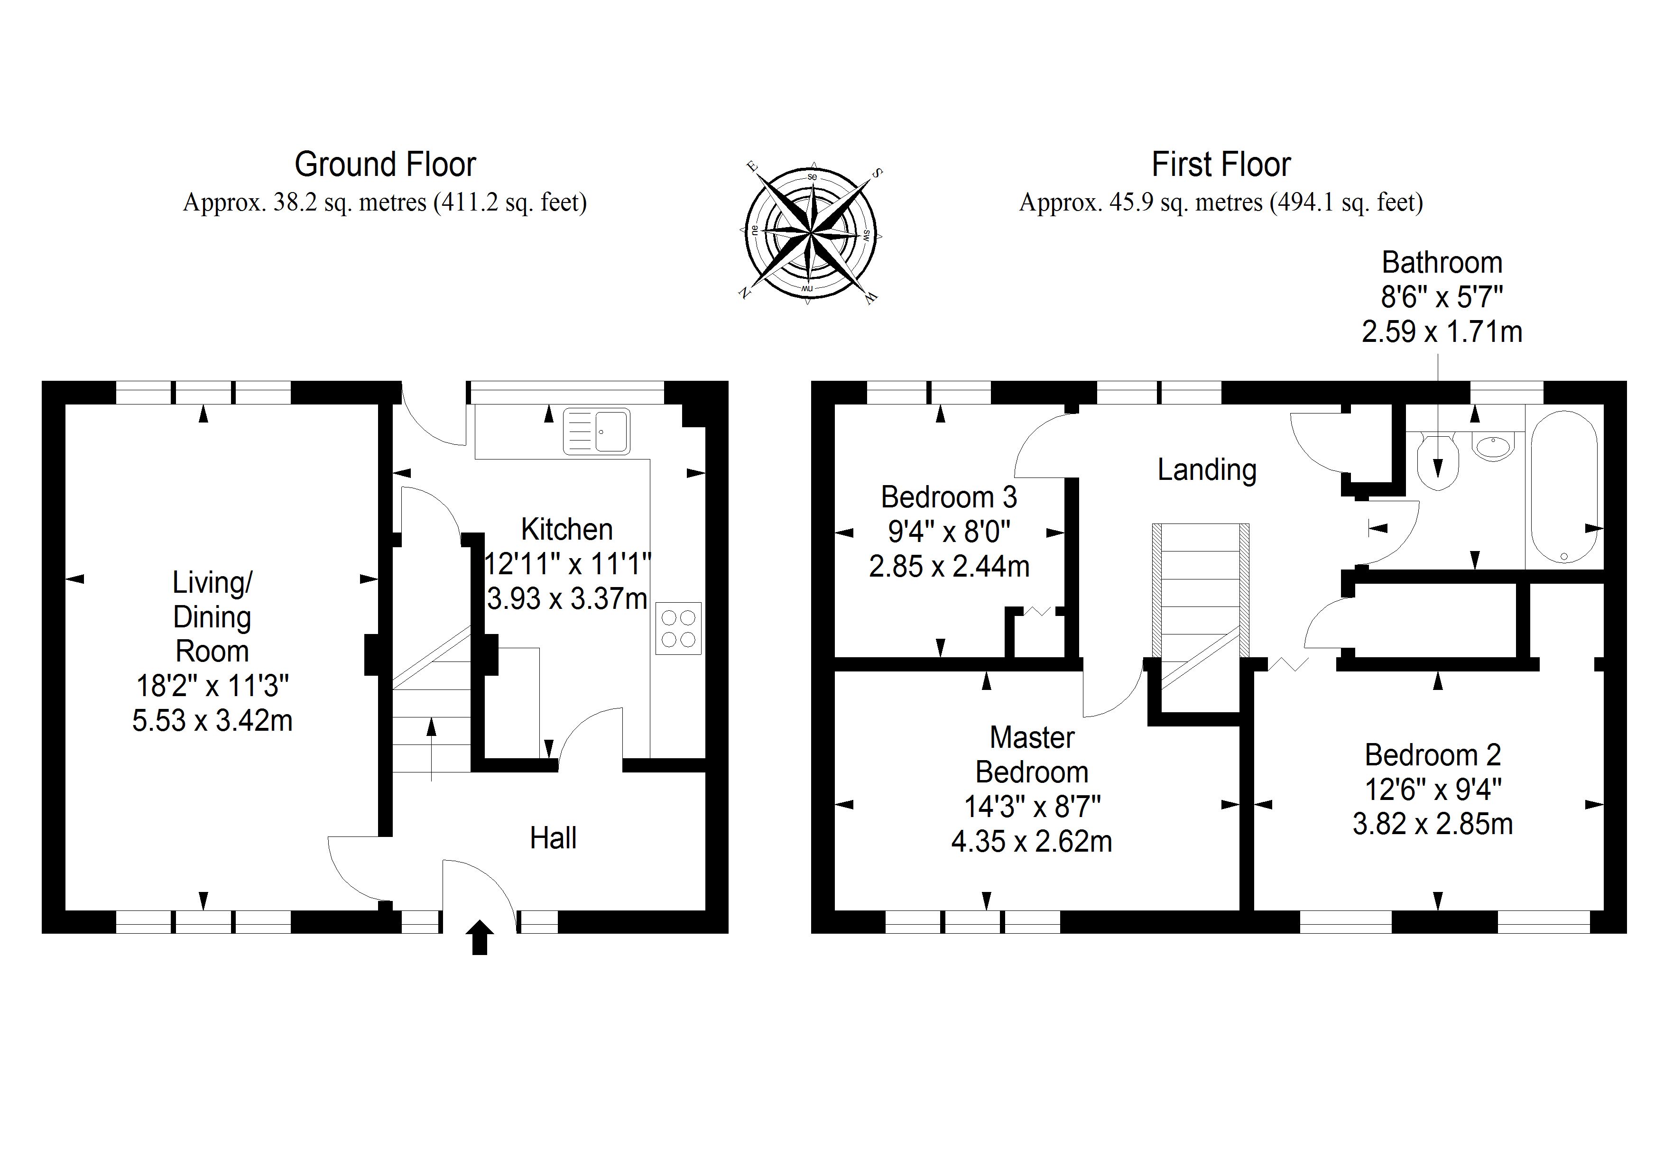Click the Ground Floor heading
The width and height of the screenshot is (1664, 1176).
point(385,165)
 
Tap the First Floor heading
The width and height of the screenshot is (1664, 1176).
point(1220,165)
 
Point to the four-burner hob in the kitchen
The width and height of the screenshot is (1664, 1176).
point(678,628)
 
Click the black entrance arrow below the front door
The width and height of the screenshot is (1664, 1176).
point(479,937)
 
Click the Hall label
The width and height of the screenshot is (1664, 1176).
point(553,838)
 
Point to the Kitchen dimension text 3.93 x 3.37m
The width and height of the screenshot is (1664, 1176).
point(567,598)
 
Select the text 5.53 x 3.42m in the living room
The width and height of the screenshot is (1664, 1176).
point(213,720)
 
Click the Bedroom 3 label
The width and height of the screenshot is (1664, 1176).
point(949,497)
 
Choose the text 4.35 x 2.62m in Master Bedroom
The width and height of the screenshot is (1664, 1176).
point(1031,841)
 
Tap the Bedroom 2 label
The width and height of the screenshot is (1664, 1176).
point(1432,755)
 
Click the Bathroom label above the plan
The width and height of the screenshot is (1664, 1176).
point(1442,262)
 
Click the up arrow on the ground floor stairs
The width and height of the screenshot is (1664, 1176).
point(432,746)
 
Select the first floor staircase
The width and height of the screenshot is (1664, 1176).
point(1200,590)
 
